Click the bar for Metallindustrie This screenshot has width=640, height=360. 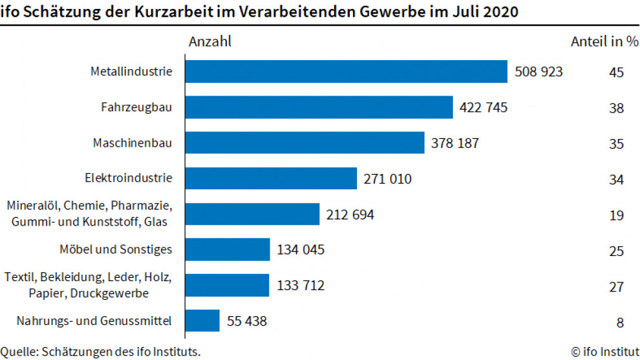(x=346, y=72)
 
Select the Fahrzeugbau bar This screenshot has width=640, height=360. (x=319, y=107)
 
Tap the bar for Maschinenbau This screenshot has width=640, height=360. (x=304, y=143)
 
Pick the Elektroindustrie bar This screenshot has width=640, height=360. (x=271, y=178)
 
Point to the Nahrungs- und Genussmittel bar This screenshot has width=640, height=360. (x=202, y=320)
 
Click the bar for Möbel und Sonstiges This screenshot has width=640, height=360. (x=228, y=249)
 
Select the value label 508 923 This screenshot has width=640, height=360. (x=539, y=72)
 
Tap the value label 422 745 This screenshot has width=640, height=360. (x=484, y=107)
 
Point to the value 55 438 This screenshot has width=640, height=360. (x=246, y=320)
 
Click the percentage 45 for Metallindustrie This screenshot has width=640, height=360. (x=615, y=72)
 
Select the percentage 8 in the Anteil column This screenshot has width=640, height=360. (x=619, y=321)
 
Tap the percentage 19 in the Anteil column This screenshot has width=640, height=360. (x=615, y=215)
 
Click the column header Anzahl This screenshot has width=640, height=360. (x=209, y=42)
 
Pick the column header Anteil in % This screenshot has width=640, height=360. (x=604, y=42)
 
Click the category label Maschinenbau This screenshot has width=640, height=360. (x=133, y=142)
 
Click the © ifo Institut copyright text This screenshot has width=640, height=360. (x=604, y=352)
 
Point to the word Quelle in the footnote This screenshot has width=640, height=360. (x=18, y=352)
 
